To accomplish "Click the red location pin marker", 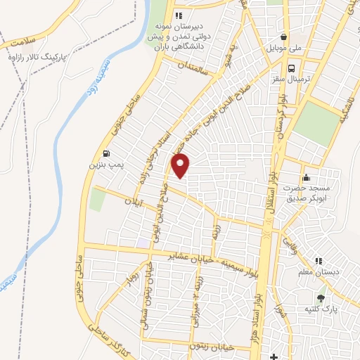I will pyautogui.click(x=181, y=167).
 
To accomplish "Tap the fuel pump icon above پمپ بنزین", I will pyautogui.click(x=105, y=154).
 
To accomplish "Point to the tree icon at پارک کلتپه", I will pyautogui.click(x=321, y=298).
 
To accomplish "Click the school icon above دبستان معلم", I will pyautogui.click(x=317, y=260).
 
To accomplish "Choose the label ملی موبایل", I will pyautogui.click(x=286, y=49).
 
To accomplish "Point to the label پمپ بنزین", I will pyautogui.click(x=103, y=165).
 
